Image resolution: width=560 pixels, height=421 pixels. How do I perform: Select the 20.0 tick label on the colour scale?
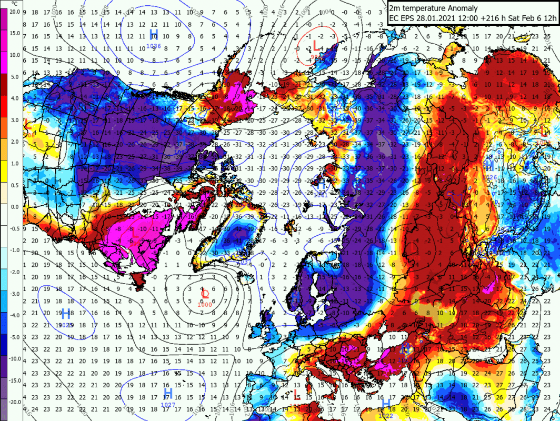pyautogui.click(x=14, y=11)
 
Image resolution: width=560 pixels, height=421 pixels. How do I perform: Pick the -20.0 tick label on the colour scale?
pyautogui.click(x=14, y=402)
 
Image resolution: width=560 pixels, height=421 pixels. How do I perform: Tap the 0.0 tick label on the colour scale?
pyautogui.click(x=14, y=206)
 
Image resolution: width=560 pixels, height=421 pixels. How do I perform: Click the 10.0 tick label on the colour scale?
pyautogui.click(x=14, y=54)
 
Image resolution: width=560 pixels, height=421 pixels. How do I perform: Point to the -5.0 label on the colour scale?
pyautogui.click(x=14, y=337)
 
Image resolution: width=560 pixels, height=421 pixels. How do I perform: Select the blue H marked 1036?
pyautogui.click(x=154, y=35)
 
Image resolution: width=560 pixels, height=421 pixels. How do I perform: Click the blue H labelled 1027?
pyautogui.click(x=168, y=393)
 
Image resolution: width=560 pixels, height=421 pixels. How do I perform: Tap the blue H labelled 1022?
pyautogui.click(x=386, y=404)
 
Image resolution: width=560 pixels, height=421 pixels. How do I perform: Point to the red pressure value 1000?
pyautogui.click(x=205, y=304)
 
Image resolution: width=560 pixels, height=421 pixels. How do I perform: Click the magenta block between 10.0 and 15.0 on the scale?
pyautogui.click(x=4, y=44)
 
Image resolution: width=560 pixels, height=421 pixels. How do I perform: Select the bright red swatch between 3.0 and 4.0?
pyautogui.click(x=4, y=109)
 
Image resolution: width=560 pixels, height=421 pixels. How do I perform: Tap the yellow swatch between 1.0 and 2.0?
pyautogui.click(x=4, y=153)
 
